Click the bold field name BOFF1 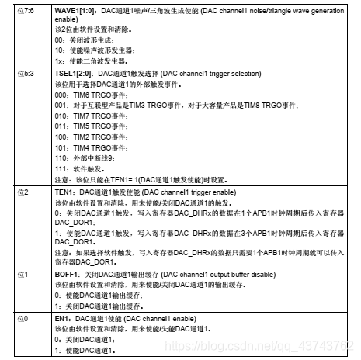(x=65, y=275)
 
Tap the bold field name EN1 (x=61, y=319)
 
